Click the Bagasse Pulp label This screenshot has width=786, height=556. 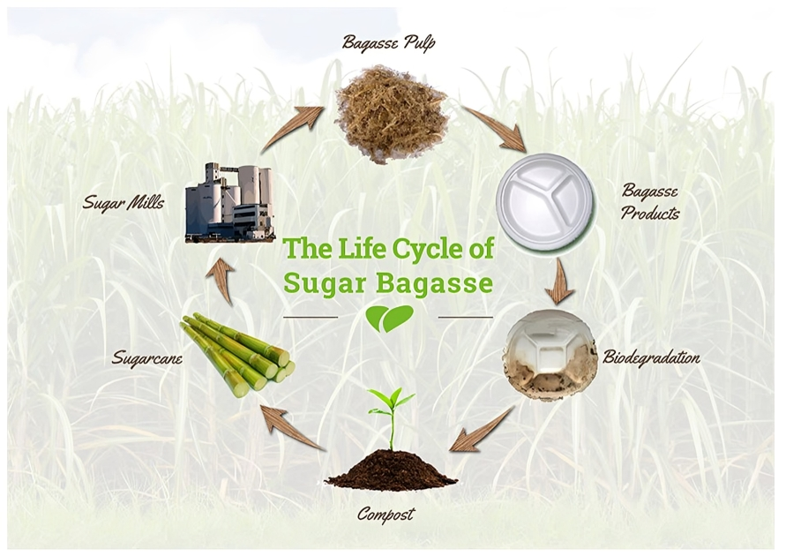point(388,42)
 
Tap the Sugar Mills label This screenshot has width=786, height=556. point(124,203)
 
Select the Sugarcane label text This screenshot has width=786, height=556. point(146,358)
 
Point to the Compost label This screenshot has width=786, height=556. point(386,514)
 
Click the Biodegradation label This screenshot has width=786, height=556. point(651,357)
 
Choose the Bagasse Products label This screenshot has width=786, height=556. point(650,202)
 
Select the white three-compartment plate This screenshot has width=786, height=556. point(545,201)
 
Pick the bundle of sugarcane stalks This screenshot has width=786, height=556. point(238,354)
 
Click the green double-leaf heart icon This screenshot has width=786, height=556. point(390,319)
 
